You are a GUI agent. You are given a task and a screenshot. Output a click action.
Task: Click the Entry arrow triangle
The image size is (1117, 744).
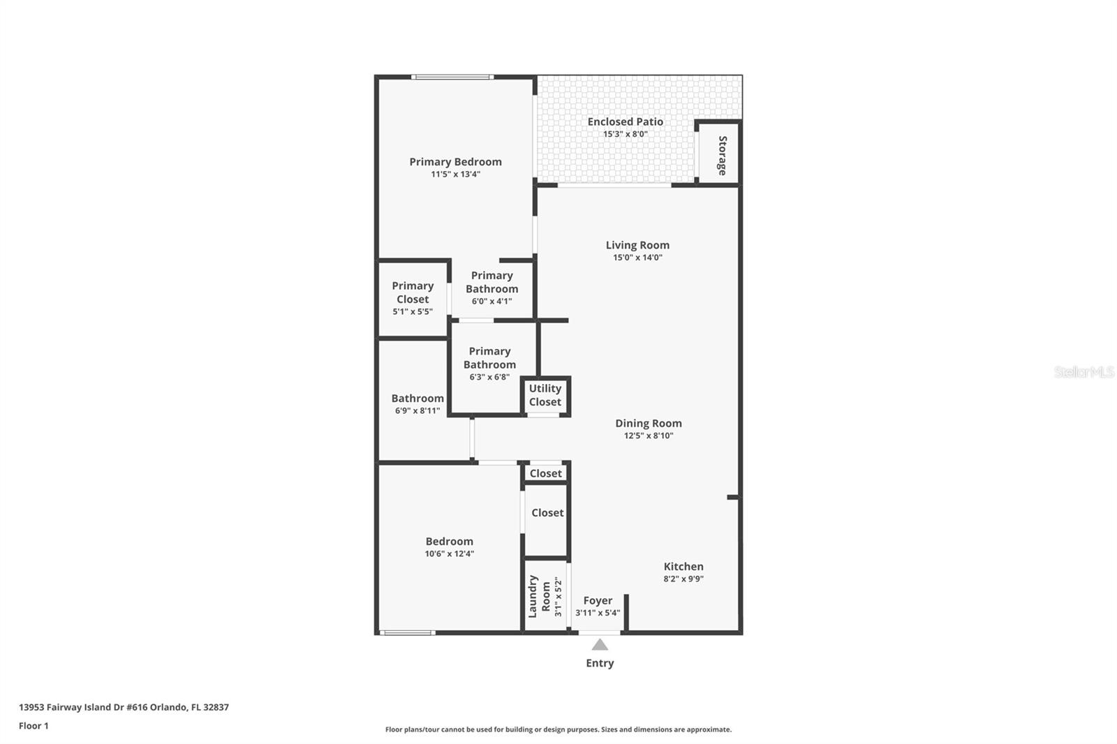click(x=600, y=644)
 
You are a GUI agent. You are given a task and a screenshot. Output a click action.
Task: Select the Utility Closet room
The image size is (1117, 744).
click(x=545, y=396)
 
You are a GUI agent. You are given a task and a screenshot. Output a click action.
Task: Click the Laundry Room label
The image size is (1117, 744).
click(x=538, y=596)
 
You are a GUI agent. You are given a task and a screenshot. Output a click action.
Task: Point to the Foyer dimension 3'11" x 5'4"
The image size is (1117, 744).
click(x=598, y=613)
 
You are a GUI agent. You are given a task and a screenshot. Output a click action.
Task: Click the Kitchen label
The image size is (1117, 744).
click(x=683, y=566)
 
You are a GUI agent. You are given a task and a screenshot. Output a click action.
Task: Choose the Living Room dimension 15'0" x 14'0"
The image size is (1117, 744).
click(x=637, y=258)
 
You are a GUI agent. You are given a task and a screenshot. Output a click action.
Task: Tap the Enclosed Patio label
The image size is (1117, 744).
click(x=625, y=121)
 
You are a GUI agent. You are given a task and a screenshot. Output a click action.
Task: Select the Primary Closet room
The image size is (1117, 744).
click(x=413, y=298)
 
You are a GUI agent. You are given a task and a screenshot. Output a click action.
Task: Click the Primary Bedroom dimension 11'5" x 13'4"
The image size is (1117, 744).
click(x=455, y=174)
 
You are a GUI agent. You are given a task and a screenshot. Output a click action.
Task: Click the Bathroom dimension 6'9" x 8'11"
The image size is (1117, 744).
click(x=417, y=410)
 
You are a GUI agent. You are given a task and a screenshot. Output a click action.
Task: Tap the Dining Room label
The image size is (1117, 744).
click(x=648, y=423)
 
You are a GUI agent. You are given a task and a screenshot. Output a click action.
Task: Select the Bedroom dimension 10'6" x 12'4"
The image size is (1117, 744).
click(x=449, y=553)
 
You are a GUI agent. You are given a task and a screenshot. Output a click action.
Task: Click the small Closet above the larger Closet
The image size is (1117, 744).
click(x=545, y=473)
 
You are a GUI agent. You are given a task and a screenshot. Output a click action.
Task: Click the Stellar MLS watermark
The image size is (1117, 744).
click(x=1083, y=372)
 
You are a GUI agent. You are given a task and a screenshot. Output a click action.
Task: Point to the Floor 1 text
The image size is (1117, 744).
click(x=34, y=726)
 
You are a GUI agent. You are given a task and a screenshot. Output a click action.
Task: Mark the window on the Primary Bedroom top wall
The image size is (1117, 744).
click(x=452, y=77)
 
